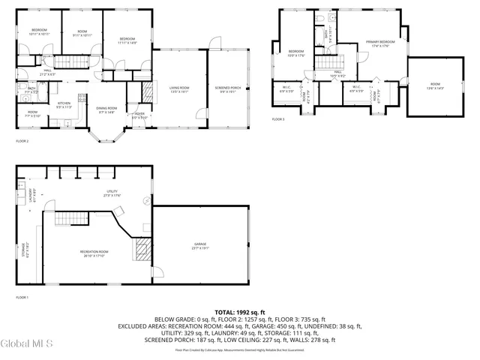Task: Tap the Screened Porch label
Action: tap(229, 91)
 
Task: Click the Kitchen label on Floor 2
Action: tap(64, 105)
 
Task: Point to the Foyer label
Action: tap(139, 116)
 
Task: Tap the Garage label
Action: tap(200, 246)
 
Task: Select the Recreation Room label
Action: tap(94, 253)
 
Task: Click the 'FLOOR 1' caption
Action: tap(22, 298)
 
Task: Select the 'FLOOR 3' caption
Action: tap(278, 119)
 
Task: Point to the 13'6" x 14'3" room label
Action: tap(435, 86)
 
